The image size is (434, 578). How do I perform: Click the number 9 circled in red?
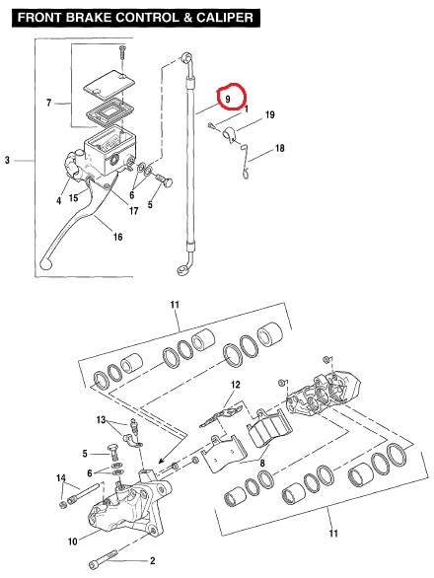point(228,99)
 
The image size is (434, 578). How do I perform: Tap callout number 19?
point(270,114)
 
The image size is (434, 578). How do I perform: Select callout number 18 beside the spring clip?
point(280,148)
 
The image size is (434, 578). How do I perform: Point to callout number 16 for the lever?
point(117,237)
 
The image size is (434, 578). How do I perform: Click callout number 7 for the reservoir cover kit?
point(48,103)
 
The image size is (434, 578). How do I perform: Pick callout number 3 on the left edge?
point(7,161)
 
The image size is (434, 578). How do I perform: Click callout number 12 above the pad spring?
point(236,385)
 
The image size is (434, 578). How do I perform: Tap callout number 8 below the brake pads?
point(262,463)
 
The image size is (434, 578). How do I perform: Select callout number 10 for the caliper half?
point(73,542)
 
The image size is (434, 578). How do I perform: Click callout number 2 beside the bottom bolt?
point(152,560)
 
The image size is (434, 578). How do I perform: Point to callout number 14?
point(61,478)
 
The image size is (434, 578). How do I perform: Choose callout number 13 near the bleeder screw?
point(101,420)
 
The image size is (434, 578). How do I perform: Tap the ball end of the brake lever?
point(46,262)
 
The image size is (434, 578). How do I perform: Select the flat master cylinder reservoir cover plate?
point(109,85)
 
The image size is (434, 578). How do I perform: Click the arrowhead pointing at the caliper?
point(160,461)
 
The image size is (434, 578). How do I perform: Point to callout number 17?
point(133,210)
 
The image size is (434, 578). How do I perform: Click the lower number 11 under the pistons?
point(333,533)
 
